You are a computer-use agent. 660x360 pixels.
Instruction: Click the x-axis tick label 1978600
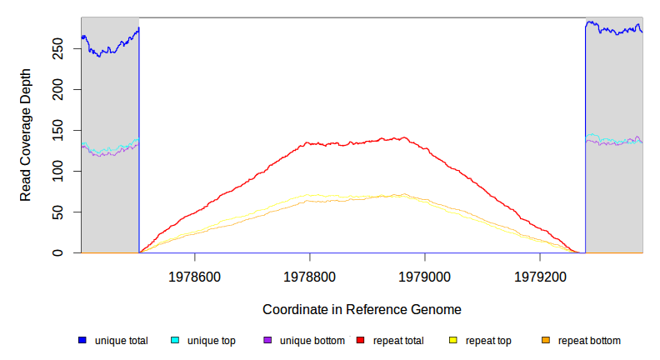(x=195, y=275)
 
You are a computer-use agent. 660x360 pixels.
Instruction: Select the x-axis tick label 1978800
(x=310, y=275)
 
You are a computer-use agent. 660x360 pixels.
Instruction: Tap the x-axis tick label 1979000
(x=425, y=275)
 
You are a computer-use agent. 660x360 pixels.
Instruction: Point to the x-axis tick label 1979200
(x=540, y=275)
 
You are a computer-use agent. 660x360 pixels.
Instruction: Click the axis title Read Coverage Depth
(x=26, y=135)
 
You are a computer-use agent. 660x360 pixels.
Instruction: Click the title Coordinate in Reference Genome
(x=362, y=309)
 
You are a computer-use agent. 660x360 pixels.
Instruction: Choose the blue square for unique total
(x=82, y=340)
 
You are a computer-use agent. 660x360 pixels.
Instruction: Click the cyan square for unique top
(x=175, y=340)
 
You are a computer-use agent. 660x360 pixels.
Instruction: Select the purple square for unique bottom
(x=267, y=340)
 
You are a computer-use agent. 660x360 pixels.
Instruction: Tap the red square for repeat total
(x=360, y=340)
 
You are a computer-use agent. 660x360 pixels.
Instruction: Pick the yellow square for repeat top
(x=453, y=340)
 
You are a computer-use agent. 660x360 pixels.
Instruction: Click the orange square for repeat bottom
(x=546, y=340)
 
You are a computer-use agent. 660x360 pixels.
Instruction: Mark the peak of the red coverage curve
(x=403, y=138)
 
